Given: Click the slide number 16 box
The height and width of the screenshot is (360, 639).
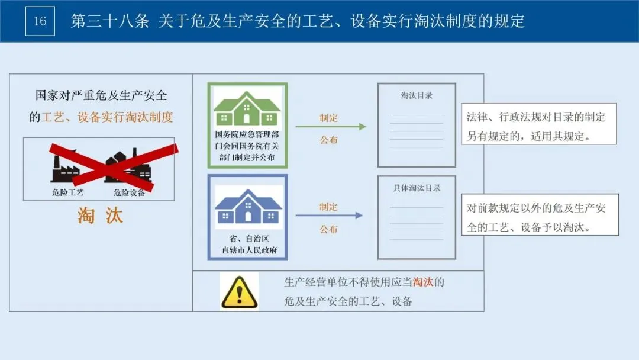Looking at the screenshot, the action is coord(40,21).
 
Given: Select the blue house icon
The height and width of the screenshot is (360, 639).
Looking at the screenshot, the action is coord(247,207).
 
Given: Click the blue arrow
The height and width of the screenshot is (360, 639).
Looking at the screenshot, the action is coord(329,216).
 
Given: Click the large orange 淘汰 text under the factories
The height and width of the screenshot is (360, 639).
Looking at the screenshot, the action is coord(100,216).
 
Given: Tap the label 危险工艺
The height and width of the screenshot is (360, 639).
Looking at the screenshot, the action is coord(68,192).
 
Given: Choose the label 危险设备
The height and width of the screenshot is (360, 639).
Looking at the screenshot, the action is coord(129,192).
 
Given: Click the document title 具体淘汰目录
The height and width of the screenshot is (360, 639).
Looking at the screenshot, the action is coord(417,188).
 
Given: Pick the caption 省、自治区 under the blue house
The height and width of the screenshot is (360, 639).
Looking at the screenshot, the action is coord(247,238).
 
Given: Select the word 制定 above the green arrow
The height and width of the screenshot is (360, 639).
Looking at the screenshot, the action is coord(328,117).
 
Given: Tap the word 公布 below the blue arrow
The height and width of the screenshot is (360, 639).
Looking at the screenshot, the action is coord(328,229).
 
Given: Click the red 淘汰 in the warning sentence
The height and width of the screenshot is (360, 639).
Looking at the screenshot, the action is coord(422,282).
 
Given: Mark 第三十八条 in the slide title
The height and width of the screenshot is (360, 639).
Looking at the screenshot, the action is coord(110,22).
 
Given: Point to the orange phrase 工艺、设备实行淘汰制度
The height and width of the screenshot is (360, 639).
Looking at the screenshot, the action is coord(107,117).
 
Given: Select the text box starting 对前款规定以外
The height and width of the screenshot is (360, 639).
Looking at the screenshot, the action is coord(540,217).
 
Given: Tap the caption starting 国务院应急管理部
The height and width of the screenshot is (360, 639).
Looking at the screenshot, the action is coord(247,146).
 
